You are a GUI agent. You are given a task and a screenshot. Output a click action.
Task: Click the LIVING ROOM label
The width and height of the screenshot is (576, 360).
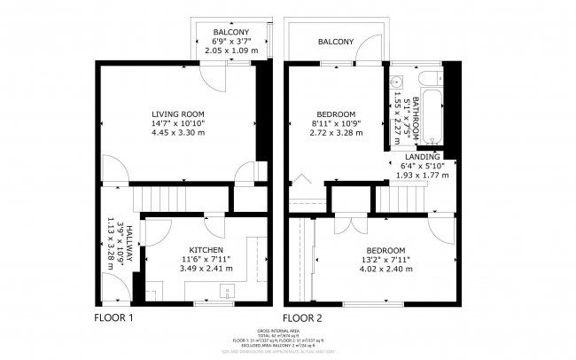(178, 113)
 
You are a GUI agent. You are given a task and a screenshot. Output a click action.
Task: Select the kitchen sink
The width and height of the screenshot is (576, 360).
(226, 291)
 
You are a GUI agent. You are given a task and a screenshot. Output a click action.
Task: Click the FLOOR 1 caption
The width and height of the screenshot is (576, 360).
(113, 317)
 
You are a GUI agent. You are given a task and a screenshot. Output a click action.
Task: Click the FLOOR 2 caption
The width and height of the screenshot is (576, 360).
(302, 317)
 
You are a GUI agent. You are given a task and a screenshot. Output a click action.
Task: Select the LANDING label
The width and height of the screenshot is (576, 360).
(422, 156)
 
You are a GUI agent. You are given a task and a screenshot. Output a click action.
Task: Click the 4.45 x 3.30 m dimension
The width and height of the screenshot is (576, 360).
(178, 133)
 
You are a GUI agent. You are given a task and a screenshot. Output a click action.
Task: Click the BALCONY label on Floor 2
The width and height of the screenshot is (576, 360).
(336, 42)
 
